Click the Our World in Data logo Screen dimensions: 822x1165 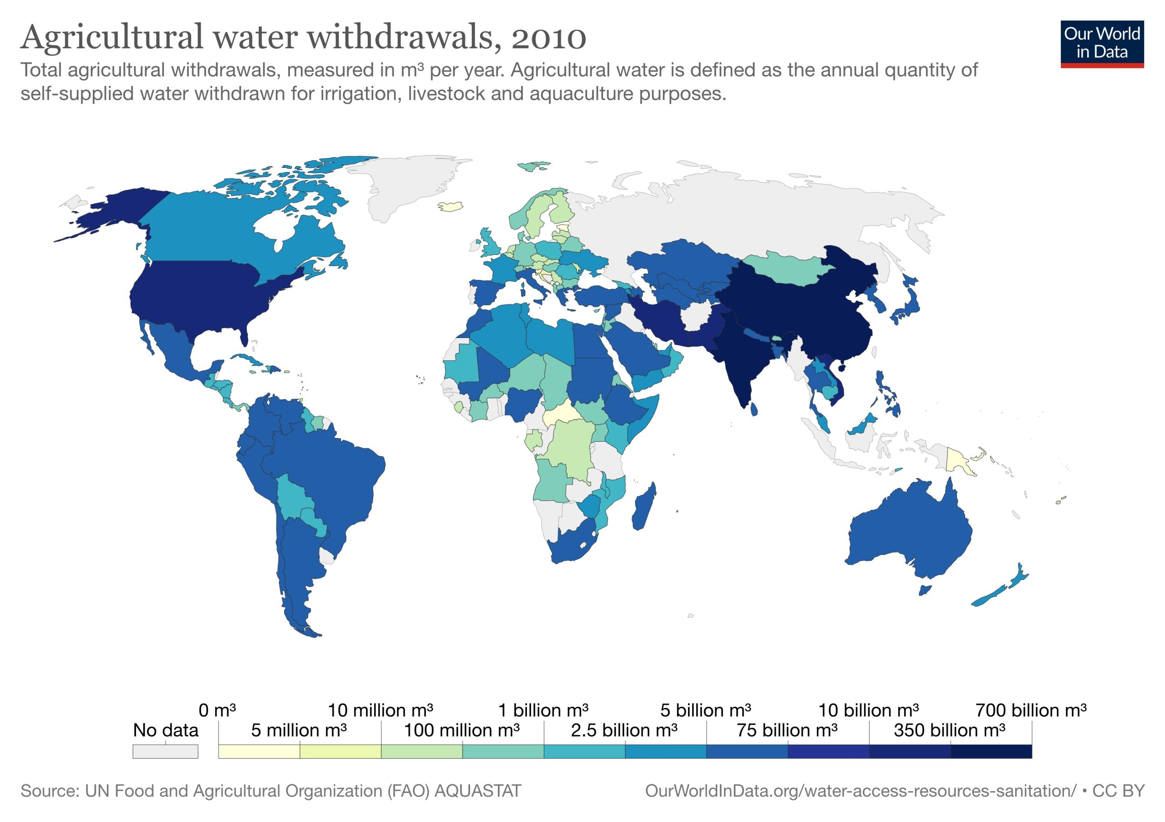click(x=1102, y=44)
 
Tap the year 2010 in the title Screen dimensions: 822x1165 click(x=548, y=37)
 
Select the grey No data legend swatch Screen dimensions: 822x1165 click(x=165, y=751)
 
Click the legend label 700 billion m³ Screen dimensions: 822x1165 click(x=1031, y=710)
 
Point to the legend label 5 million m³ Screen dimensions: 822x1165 click(x=299, y=730)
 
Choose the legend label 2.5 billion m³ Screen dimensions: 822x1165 click(x=623, y=730)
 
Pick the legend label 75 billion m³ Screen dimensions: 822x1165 click(x=787, y=730)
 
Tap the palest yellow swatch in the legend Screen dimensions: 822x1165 click(x=259, y=751)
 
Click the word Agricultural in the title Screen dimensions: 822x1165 click(x=111, y=37)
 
